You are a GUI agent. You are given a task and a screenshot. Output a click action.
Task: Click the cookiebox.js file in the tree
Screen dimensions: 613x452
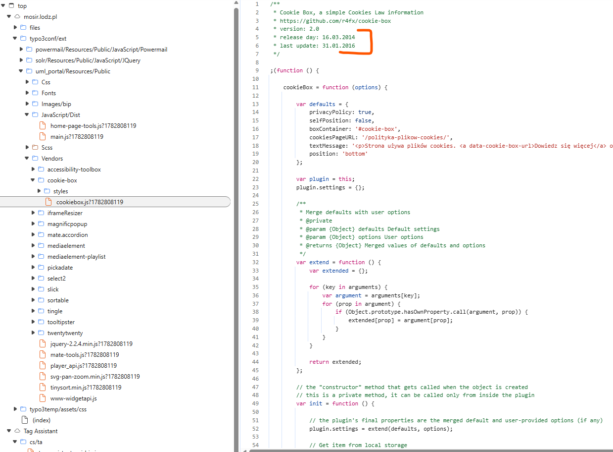[90, 202]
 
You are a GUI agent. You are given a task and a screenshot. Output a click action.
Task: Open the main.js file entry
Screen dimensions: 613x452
[77, 136]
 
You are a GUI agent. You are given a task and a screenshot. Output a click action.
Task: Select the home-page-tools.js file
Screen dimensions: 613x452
[93, 125]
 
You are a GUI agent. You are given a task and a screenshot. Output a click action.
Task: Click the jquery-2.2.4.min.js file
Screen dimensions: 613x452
[91, 344]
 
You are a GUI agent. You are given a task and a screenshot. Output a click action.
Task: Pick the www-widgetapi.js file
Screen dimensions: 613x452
[73, 398]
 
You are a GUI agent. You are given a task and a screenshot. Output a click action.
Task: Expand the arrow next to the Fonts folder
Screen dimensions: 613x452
[27, 93]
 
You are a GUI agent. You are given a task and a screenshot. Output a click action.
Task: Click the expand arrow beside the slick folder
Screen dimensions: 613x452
[33, 289]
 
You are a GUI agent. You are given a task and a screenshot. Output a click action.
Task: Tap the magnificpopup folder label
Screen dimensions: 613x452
[67, 224]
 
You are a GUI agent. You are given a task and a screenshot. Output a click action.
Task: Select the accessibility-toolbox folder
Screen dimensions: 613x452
[74, 169]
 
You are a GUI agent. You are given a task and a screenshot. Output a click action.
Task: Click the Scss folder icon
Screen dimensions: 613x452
[35, 147]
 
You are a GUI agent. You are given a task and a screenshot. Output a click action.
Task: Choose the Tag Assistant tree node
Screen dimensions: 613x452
[41, 431]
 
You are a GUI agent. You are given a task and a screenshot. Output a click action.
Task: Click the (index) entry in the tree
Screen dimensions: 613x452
[42, 420]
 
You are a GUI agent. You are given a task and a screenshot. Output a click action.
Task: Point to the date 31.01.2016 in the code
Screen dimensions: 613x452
[338, 46]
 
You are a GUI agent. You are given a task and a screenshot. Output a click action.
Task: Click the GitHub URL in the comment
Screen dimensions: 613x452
[335, 21]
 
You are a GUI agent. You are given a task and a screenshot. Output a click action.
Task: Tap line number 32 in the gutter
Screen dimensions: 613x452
[255, 262]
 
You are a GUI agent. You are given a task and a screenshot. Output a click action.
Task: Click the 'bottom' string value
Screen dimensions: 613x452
[355, 154]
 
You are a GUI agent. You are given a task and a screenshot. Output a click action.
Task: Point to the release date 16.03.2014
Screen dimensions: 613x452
[338, 37]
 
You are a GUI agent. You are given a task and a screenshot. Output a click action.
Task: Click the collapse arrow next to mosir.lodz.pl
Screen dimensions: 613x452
[9, 16]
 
